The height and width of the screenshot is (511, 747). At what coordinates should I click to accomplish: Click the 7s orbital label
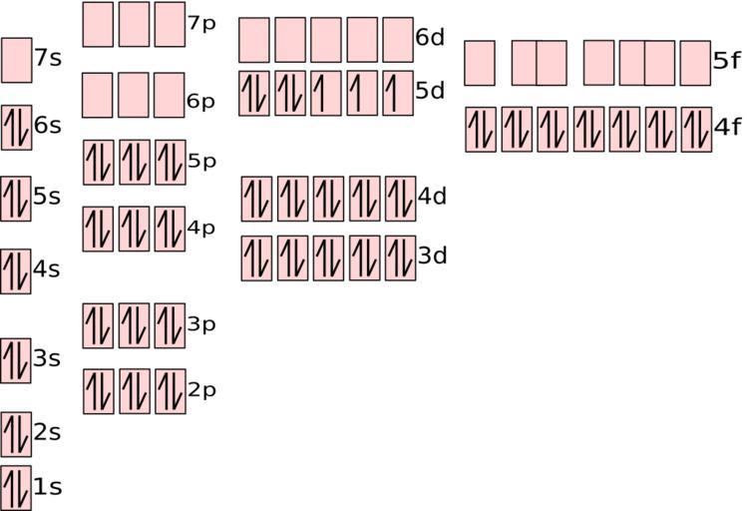pos(48,58)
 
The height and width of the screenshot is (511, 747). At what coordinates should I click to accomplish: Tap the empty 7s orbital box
pos(17,61)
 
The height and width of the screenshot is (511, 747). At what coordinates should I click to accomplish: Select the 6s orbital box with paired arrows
pos(17,128)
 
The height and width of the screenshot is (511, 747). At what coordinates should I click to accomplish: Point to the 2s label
pos(47,433)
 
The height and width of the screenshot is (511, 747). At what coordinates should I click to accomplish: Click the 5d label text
pos(430,91)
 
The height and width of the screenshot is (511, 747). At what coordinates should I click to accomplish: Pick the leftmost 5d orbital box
pos(254,94)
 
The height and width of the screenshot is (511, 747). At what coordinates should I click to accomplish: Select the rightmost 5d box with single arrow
pos(398,94)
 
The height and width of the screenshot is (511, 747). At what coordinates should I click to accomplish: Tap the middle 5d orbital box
pos(326,94)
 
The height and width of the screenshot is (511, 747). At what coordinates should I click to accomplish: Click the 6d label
pos(430,38)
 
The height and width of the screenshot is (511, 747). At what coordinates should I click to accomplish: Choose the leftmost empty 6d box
pos(254,40)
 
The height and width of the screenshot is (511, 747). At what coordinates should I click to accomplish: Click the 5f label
pos(727,61)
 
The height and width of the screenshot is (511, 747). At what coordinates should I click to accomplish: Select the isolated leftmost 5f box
pos(480,64)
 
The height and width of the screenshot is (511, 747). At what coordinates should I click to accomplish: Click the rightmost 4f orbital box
pos(696,130)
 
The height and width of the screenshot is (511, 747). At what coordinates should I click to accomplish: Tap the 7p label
pos(201,24)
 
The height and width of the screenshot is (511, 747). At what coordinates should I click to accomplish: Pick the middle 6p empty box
pos(134,96)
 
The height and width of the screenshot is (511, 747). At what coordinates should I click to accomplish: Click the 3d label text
pos(433,255)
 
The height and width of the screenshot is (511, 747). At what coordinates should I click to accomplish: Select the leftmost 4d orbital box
pos(256,200)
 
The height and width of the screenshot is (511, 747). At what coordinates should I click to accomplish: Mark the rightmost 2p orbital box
pos(171,391)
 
